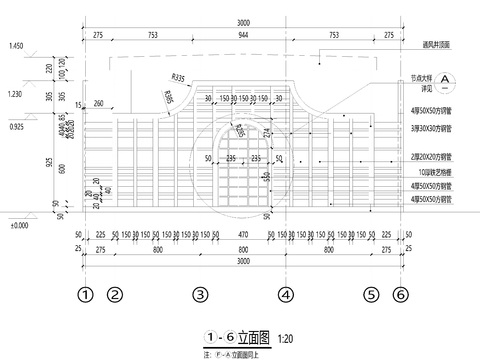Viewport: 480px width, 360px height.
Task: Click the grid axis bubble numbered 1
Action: click(x=86, y=295)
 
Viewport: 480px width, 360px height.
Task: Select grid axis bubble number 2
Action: click(x=114, y=295)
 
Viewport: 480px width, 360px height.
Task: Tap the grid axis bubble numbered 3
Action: click(x=200, y=295)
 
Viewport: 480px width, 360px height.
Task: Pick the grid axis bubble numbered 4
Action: click(x=286, y=295)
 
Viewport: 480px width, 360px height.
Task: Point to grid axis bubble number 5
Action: click(x=372, y=295)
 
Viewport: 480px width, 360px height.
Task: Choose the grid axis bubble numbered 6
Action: click(x=400, y=295)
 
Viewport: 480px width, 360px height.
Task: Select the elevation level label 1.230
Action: click(x=16, y=94)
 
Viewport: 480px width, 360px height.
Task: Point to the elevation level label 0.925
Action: click(x=16, y=129)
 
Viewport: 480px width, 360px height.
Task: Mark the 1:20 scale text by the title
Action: click(x=286, y=338)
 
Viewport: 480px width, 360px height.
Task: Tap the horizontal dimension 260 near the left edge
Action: click(x=98, y=103)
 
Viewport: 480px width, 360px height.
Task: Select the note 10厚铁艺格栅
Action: click(x=431, y=172)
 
